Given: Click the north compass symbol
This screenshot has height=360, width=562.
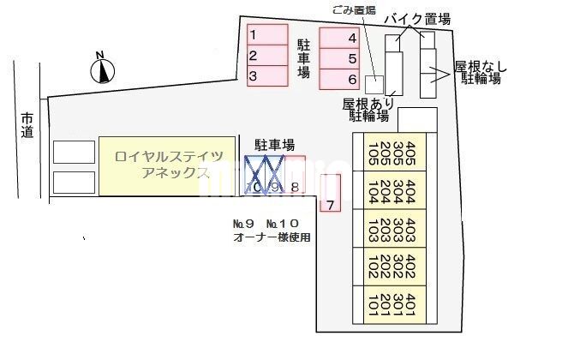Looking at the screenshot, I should [x=103, y=69].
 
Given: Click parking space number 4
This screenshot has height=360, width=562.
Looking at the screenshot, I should [x=338, y=38].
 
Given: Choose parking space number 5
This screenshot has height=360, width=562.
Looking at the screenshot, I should [x=338, y=59].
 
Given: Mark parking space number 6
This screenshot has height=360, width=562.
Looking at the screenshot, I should [x=338, y=80].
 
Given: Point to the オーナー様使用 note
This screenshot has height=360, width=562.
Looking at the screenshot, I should [x=272, y=237].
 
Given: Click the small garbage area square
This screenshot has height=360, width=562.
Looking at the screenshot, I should [x=374, y=84].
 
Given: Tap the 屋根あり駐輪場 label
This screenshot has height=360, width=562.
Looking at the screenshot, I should [x=367, y=109].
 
